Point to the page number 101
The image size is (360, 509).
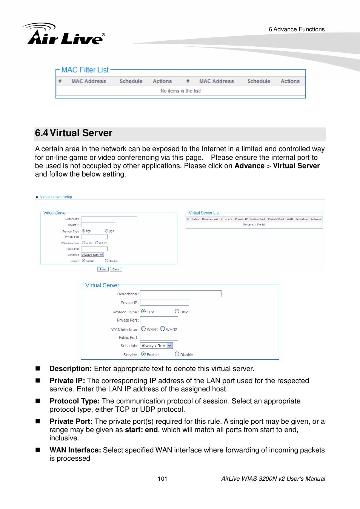pyautogui.click(x=162, y=479)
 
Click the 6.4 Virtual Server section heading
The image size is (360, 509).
pyautogui.click(x=74, y=133)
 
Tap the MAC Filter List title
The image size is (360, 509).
pyautogui.click(x=85, y=70)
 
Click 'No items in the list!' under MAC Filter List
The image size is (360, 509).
pyautogui.click(x=180, y=91)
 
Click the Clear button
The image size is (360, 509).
pyautogui.click(x=116, y=269)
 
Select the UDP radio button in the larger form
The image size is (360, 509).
pyautogui.click(x=177, y=311)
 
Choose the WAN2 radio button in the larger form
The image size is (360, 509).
pyautogui.click(x=163, y=329)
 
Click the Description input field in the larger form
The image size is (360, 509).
pyautogui.click(x=180, y=294)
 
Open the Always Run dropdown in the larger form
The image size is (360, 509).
pyautogui.click(x=156, y=346)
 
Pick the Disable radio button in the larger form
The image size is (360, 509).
pyautogui.click(x=177, y=354)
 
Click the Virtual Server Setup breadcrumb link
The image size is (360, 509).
pyautogui.click(x=56, y=197)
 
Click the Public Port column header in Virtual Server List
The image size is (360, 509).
pyautogui.click(x=257, y=219)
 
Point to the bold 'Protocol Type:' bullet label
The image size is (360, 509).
pyautogui.click(x=74, y=401)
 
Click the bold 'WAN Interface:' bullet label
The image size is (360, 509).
pyautogui.click(x=75, y=450)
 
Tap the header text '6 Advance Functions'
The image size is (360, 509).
pyautogui.click(x=296, y=29)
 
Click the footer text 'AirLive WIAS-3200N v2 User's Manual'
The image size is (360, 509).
pyautogui.click(x=273, y=479)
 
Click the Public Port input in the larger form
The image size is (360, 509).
pyautogui.click(x=159, y=337)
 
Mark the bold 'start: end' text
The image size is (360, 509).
pyautogui.click(x=141, y=430)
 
